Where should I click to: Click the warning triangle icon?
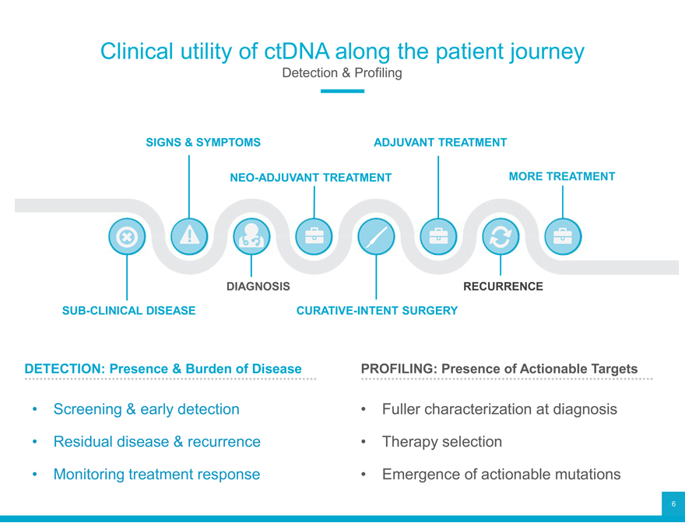pyautogui.click(x=188, y=237)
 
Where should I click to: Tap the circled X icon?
pyautogui.click(x=126, y=237)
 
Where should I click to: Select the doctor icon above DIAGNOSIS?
pyautogui.click(x=251, y=237)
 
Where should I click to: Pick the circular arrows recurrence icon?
pyautogui.click(x=500, y=237)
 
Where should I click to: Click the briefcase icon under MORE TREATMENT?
pyautogui.click(x=562, y=237)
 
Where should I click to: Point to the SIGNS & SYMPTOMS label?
pyautogui.click(x=203, y=143)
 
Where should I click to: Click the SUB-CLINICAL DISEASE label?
pyautogui.click(x=128, y=311)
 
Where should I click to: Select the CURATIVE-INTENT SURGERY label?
pyautogui.click(x=377, y=311)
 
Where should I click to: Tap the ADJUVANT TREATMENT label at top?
pyautogui.click(x=440, y=143)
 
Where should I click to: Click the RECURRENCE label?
pyautogui.click(x=503, y=287)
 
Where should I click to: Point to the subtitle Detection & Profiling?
pyautogui.click(x=342, y=73)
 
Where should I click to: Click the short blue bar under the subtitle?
pyautogui.click(x=342, y=91)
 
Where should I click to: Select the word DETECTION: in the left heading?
pyautogui.click(x=65, y=369)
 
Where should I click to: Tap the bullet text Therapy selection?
pyautogui.click(x=441, y=442)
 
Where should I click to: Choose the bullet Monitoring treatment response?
pyautogui.click(x=156, y=474)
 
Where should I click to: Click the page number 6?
pyautogui.click(x=673, y=504)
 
